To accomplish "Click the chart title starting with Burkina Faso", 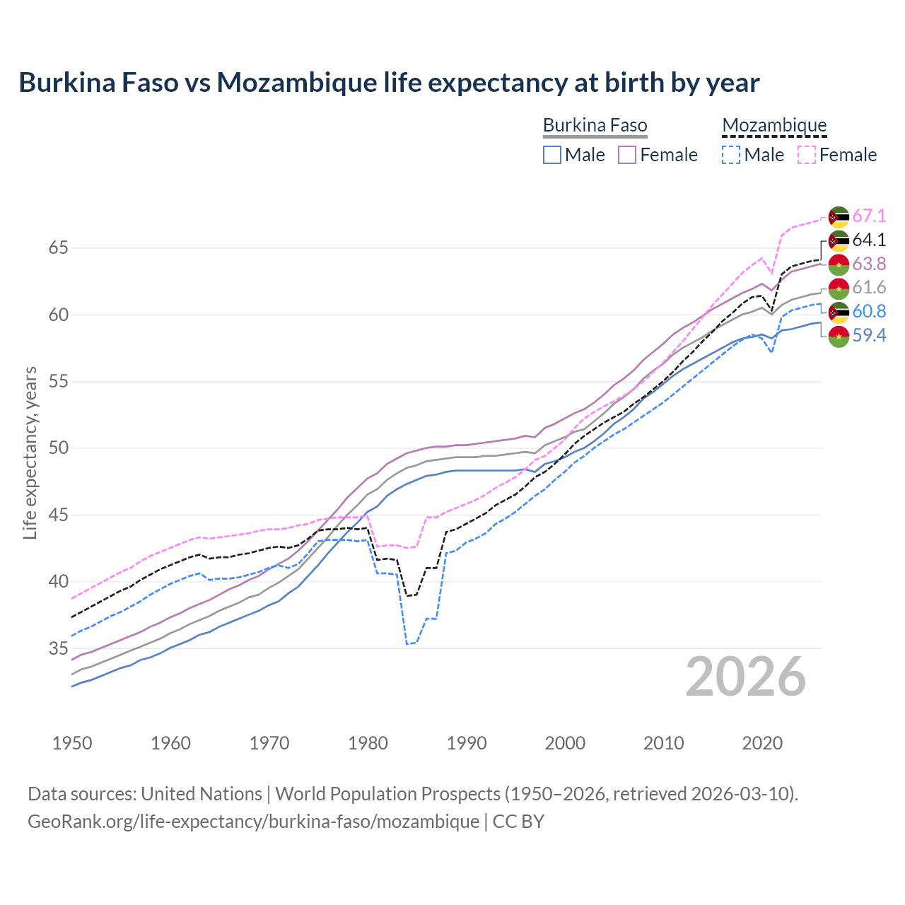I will pyautogui.click(x=389, y=83).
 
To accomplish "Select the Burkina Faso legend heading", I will pyautogui.click(x=595, y=126).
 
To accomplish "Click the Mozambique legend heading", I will pyautogui.click(x=774, y=126).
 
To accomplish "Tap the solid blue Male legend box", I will pyautogui.click(x=552, y=155).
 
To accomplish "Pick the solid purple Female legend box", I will pyautogui.click(x=628, y=155).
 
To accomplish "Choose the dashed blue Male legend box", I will pyautogui.click(x=731, y=155).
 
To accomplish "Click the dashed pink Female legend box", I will pyautogui.click(x=807, y=155).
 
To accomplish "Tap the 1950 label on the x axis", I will pyautogui.click(x=72, y=743).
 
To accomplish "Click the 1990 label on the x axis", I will pyautogui.click(x=467, y=743).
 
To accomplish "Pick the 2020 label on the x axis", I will pyautogui.click(x=762, y=743).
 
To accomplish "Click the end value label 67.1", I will pyautogui.click(x=869, y=216).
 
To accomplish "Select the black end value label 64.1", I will pyautogui.click(x=869, y=240).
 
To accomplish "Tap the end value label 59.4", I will pyautogui.click(x=869, y=336).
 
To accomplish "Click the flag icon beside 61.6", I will pyautogui.click(x=839, y=288).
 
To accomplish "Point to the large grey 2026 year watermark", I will pyautogui.click(x=745, y=677).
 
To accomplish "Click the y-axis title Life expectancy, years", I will pyautogui.click(x=30, y=452).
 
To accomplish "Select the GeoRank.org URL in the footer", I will pyautogui.click(x=253, y=822).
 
